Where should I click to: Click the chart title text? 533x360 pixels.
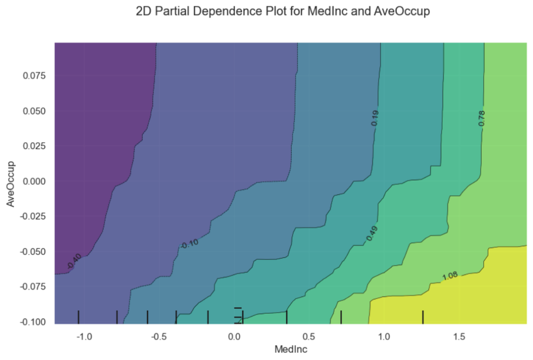pyautogui.click(x=283, y=12)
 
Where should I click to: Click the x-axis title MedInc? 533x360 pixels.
pyautogui.click(x=291, y=349)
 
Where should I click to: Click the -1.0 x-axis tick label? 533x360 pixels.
pyautogui.click(x=83, y=337)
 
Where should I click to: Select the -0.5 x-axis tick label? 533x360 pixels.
pyautogui.click(x=158, y=337)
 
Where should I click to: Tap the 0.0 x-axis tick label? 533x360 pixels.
pyautogui.click(x=234, y=337)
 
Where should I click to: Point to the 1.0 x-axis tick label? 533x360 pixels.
pyautogui.click(x=384, y=337)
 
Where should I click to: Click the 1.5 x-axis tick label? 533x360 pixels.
pyautogui.click(x=459, y=337)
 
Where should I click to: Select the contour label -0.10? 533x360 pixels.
pyautogui.click(x=189, y=243)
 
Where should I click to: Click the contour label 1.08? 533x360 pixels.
pyautogui.click(x=450, y=277)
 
